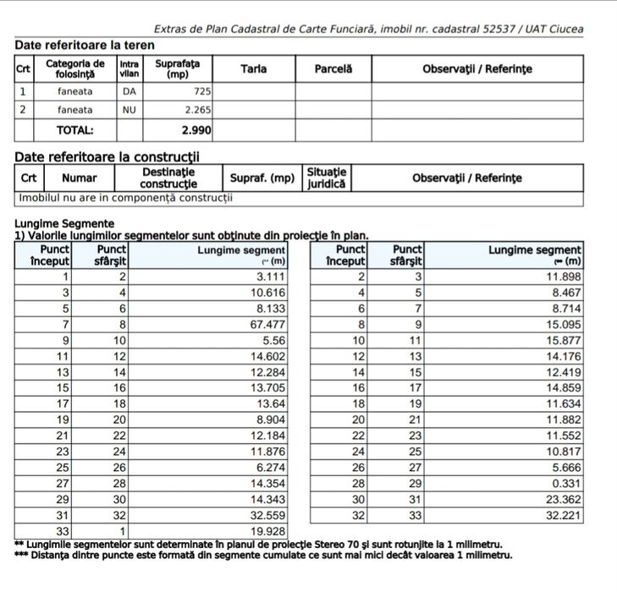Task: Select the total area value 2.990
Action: click(x=196, y=130)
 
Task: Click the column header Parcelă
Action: click(x=333, y=69)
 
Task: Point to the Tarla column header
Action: click(x=253, y=69)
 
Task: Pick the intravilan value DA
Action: click(x=129, y=90)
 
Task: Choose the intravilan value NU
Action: click(x=129, y=110)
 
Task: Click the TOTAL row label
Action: click(x=74, y=130)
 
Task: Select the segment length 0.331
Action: click(x=566, y=482)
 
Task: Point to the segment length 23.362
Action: click(x=563, y=498)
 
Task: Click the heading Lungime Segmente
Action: click(x=64, y=223)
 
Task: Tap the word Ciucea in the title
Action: click(x=565, y=29)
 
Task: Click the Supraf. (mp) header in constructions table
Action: click(x=262, y=178)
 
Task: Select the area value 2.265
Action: click(x=198, y=110)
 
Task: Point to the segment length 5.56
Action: click(x=274, y=340)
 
